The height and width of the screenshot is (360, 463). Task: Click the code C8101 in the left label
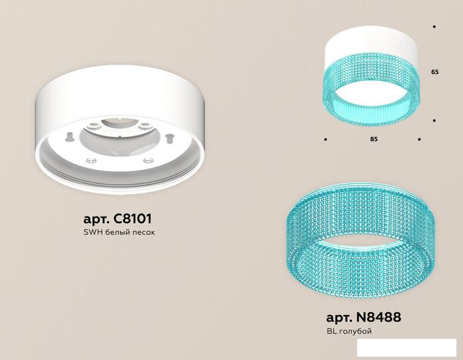(x=132, y=219)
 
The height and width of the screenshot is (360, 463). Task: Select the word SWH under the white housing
(x=93, y=232)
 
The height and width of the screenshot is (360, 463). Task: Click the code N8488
(x=379, y=318)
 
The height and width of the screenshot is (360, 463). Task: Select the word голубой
(x=355, y=332)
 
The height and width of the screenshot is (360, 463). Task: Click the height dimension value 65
(x=435, y=71)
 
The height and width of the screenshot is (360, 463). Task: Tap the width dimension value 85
(x=374, y=139)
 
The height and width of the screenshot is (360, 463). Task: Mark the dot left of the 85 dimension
(x=325, y=139)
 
